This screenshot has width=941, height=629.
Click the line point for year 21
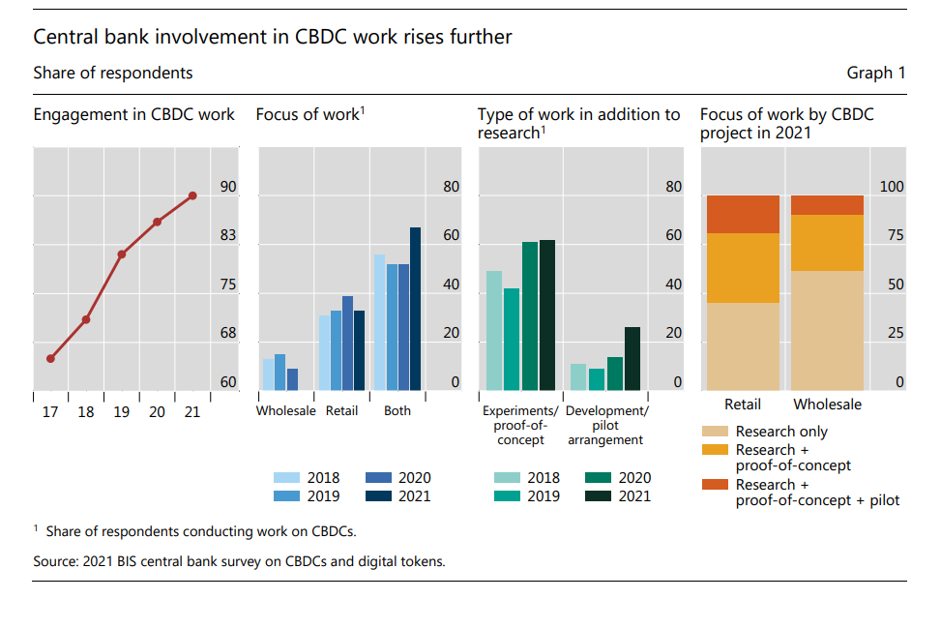[x=192, y=195]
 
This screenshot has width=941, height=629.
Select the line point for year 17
[x=50, y=358]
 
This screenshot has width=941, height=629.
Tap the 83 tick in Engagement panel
[x=228, y=235]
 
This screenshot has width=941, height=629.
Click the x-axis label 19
[x=121, y=412]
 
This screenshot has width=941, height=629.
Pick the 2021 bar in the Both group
[x=415, y=309]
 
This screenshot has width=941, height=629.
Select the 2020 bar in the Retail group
[x=347, y=343]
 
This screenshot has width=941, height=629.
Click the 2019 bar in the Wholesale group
[x=279, y=372]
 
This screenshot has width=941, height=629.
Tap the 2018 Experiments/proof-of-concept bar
[x=494, y=330]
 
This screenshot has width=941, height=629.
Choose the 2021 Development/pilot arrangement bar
[x=632, y=358]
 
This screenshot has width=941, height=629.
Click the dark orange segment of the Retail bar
[x=743, y=214]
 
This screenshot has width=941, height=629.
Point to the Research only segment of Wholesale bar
[x=827, y=330]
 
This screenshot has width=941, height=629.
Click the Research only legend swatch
[x=715, y=432]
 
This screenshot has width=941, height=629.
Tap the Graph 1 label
[x=876, y=73]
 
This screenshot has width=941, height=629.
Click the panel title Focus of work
[x=308, y=115]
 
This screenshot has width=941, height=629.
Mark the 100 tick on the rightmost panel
[x=890, y=187]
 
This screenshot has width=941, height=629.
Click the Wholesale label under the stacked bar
[x=827, y=404]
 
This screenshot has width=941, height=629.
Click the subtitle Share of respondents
[x=112, y=73]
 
